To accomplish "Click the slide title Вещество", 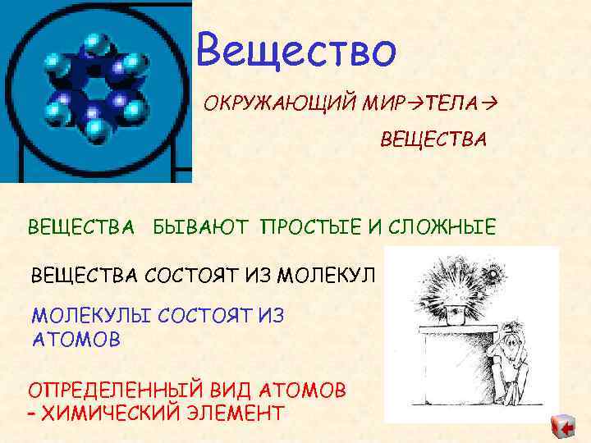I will coord(297,50).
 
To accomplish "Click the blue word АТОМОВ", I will coord(76,339).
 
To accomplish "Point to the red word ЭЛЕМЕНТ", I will coord(243,412).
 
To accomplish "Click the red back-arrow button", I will coord(563,427).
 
